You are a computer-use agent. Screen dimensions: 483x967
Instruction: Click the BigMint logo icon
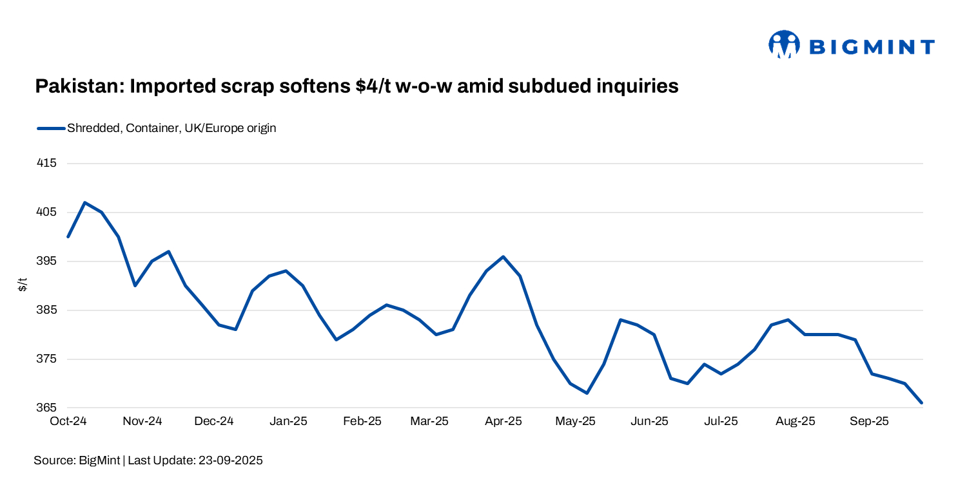[x=783, y=44]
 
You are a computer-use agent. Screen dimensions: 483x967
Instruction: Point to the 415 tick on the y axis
[x=48, y=164]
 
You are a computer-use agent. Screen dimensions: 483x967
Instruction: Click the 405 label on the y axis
[x=48, y=213]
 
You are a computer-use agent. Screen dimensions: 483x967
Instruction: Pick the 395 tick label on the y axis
[x=48, y=261]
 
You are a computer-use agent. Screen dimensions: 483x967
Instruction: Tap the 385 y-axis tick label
[x=48, y=310]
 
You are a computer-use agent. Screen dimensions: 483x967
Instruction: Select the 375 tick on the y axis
[x=48, y=359]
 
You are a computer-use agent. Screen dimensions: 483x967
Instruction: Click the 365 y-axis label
[x=48, y=408]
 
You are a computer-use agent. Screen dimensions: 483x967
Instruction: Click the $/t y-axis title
[x=23, y=285]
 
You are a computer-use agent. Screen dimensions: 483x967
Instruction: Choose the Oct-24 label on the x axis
[x=68, y=422]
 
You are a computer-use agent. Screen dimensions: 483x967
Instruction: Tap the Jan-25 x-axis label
[x=288, y=422]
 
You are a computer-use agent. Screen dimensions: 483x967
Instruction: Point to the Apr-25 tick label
[x=503, y=422]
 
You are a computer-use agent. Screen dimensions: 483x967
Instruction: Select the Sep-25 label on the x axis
[x=869, y=422]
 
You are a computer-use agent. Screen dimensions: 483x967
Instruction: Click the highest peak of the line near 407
[x=85, y=202]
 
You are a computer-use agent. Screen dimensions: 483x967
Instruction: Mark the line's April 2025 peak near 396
[x=503, y=256]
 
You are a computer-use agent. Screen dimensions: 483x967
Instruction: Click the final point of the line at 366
[x=922, y=403]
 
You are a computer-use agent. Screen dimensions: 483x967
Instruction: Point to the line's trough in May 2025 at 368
[x=587, y=393]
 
